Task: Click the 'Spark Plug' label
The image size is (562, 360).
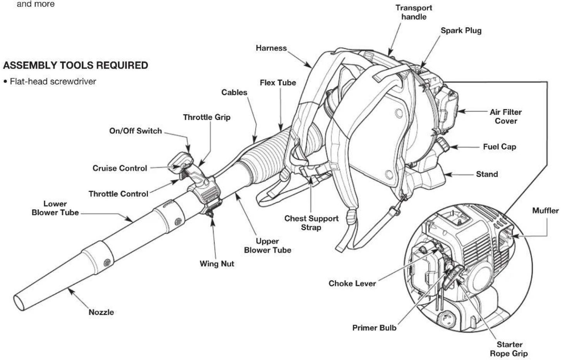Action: click(461, 31)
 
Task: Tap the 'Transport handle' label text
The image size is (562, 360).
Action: click(414, 12)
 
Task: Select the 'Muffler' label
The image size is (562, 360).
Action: click(545, 210)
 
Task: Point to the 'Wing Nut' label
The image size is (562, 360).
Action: click(217, 264)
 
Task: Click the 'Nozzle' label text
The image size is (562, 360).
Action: click(101, 312)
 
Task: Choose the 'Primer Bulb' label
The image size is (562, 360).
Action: click(374, 327)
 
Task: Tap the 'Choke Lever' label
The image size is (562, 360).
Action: click(352, 283)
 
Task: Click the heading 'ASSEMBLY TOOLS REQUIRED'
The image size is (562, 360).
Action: click(76, 65)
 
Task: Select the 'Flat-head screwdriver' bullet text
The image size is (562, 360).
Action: click(53, 81)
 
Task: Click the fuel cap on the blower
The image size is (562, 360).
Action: click(443, 145)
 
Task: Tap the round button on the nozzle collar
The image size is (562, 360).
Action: click(107, 263)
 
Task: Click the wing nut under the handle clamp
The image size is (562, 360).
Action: click(210, 214)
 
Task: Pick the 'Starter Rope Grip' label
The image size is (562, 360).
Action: click(509, 349)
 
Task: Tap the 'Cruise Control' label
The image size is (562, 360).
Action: click(120, 168)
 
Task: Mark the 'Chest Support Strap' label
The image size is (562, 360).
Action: click(311, 223)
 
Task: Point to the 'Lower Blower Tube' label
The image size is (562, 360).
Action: click(55, 208)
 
